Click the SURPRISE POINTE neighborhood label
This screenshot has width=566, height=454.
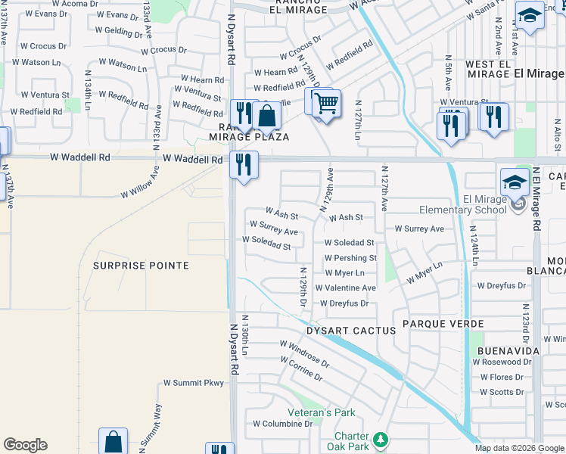pos(141,266)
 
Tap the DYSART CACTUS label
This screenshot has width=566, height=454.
pos(351,331)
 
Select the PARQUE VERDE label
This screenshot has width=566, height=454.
pos(443,324)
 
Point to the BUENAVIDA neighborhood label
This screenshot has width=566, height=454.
pos(508,351)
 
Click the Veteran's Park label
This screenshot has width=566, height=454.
pos(322,412)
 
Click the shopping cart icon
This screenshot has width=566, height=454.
pos(326,103)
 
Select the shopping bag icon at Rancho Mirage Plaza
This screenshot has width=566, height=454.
pos(266,116)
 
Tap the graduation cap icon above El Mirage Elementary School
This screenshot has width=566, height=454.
pos(514,181)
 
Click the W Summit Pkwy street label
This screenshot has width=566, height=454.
pos(194,383)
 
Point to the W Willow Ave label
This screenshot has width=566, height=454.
pos(141,185)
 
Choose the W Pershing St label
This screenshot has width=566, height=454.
pos(350,258)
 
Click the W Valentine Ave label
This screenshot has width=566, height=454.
pos(345,288)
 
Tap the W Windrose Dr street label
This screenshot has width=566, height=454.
pos(304,353)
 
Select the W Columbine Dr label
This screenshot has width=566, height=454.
pos(282,424)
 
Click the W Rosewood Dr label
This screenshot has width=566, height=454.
pos(502,362)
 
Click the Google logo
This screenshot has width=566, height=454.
pos(25,445)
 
